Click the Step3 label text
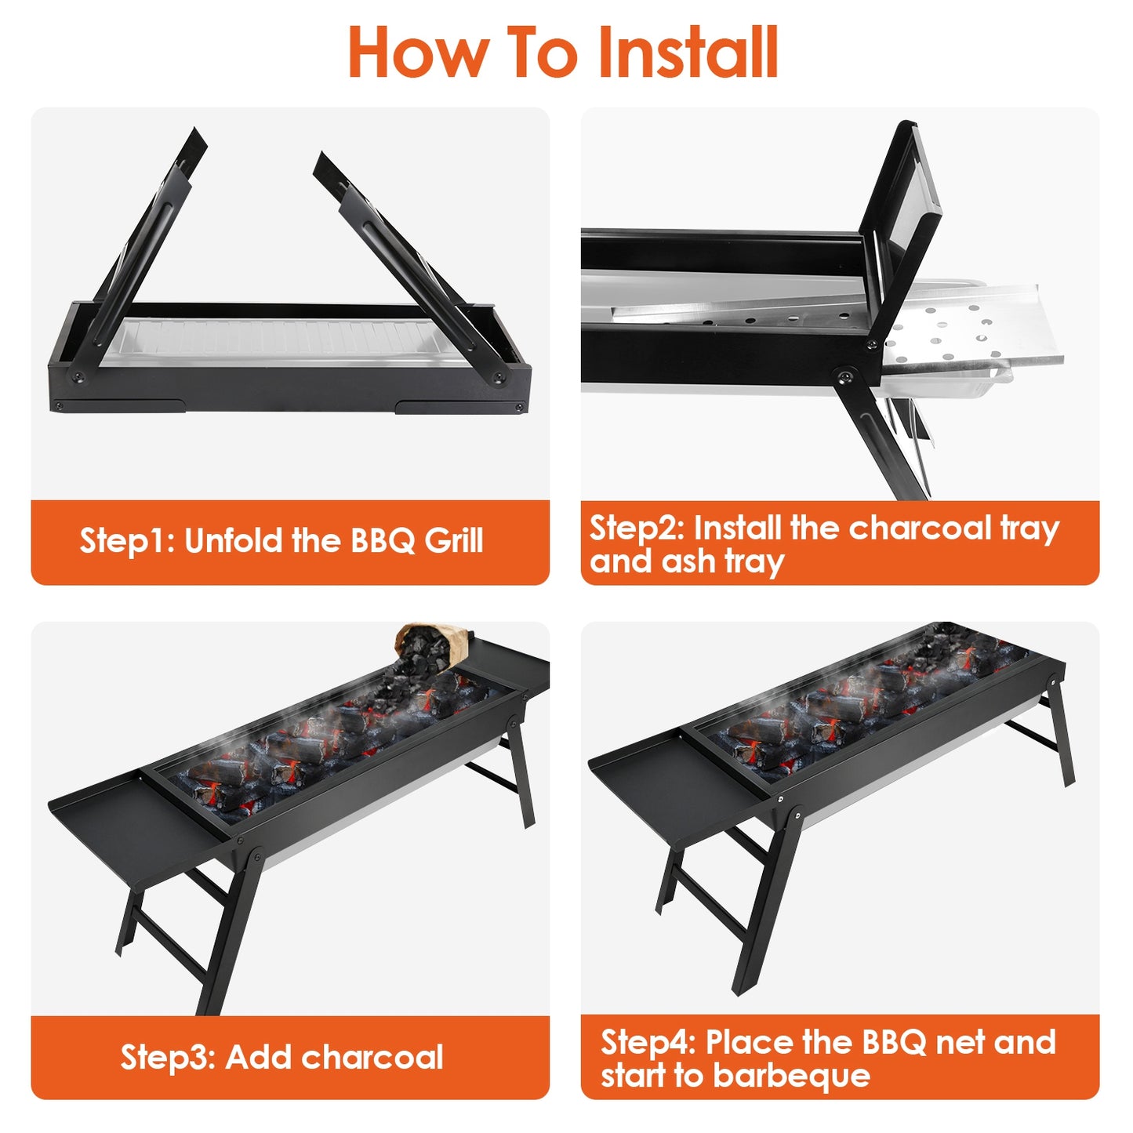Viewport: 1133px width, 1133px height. (167, 1058)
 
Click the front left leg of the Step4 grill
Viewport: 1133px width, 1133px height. (764, 902)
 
